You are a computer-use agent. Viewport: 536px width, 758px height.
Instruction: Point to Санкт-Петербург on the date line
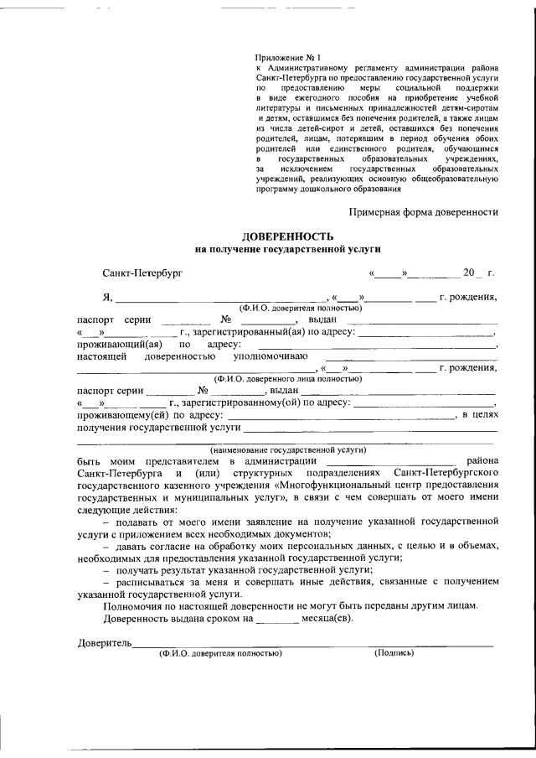coord(142,273)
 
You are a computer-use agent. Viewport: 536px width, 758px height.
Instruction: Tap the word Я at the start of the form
coord(106,297)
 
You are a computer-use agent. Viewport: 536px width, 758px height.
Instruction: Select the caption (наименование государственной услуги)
coord(287,449)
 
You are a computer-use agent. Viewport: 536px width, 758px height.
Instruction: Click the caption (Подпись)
coord(394,652)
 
